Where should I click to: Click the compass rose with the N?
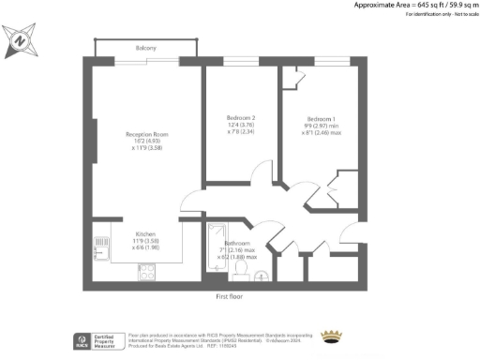(x=19, y=41)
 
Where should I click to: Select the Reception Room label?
(x=145, y=135)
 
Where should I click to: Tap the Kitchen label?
(x=144, y=233)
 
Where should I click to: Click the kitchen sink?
(x=100, y=247)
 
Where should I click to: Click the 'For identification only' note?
(x=417, y=15)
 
